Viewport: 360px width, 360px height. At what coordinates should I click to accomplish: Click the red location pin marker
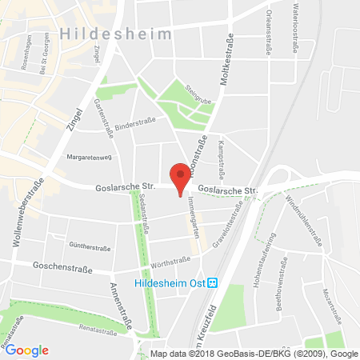pos(182,178)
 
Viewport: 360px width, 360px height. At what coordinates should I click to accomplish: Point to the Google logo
pos(27,350)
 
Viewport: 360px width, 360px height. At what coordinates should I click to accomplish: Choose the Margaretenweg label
pos(87,157)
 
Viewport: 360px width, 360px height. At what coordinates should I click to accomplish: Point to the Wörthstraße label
pos(170,261)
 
